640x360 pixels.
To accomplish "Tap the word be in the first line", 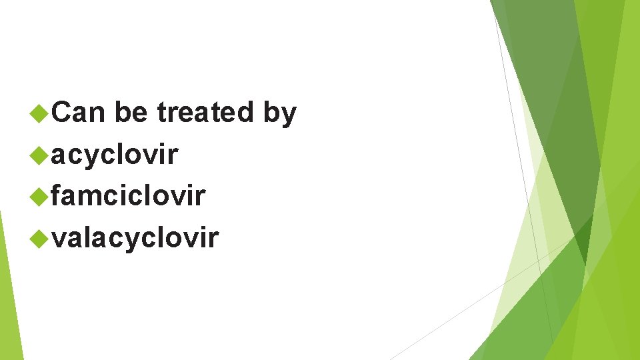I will coord(131,113).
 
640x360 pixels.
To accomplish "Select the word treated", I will coord(205,113).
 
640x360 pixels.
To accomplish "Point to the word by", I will coord(279,114).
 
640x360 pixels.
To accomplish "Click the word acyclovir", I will coord(114,155).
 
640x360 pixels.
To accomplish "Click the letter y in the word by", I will coord(288,115).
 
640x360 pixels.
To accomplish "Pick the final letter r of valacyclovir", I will coord(213,238).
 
